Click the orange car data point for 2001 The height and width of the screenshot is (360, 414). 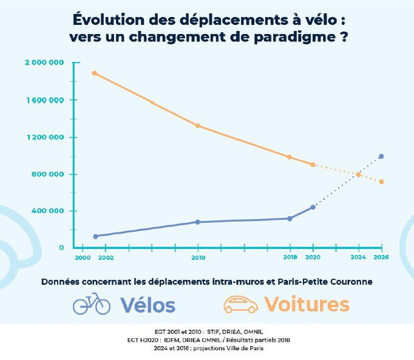95,73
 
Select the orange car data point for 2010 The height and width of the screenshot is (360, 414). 198,126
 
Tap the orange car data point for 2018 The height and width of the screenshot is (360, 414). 290,157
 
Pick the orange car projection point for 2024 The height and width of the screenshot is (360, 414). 359,175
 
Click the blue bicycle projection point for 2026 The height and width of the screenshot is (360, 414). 381,156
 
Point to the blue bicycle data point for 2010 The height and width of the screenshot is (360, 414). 198,222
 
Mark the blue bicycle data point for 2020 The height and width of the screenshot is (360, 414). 313,207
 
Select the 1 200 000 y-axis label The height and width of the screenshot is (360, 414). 46,137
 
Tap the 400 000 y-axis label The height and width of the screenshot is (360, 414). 50,211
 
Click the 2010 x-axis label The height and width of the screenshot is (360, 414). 198,258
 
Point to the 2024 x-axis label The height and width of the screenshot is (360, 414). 359,258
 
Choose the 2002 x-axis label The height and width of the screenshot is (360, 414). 106,258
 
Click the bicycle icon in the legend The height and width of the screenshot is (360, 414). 91,304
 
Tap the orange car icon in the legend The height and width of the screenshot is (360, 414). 240,304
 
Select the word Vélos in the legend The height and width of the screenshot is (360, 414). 148,304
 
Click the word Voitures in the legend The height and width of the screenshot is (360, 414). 307,304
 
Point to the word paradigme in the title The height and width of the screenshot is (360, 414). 296,36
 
